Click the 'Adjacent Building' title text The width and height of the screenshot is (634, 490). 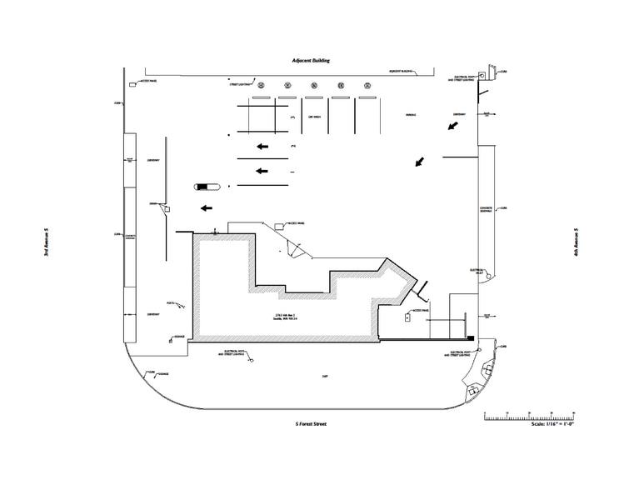[311, 61]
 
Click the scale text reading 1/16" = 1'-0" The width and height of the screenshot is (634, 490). [552, 424]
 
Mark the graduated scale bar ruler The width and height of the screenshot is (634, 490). [530, 414]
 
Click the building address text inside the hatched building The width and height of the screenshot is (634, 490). [287, 316]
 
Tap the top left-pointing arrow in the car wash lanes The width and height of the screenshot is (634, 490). [262, 147]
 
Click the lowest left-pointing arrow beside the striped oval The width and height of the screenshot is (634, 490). [205, 208]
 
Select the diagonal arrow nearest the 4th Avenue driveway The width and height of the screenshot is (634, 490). [453, 126]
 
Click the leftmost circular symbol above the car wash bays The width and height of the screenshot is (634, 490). [262, 85]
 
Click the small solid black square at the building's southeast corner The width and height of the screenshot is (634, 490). [472, 337]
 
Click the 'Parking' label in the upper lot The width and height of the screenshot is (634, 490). [411, 115]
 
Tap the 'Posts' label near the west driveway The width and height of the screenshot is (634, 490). [170, 302]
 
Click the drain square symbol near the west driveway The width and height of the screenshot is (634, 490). [167, 208]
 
